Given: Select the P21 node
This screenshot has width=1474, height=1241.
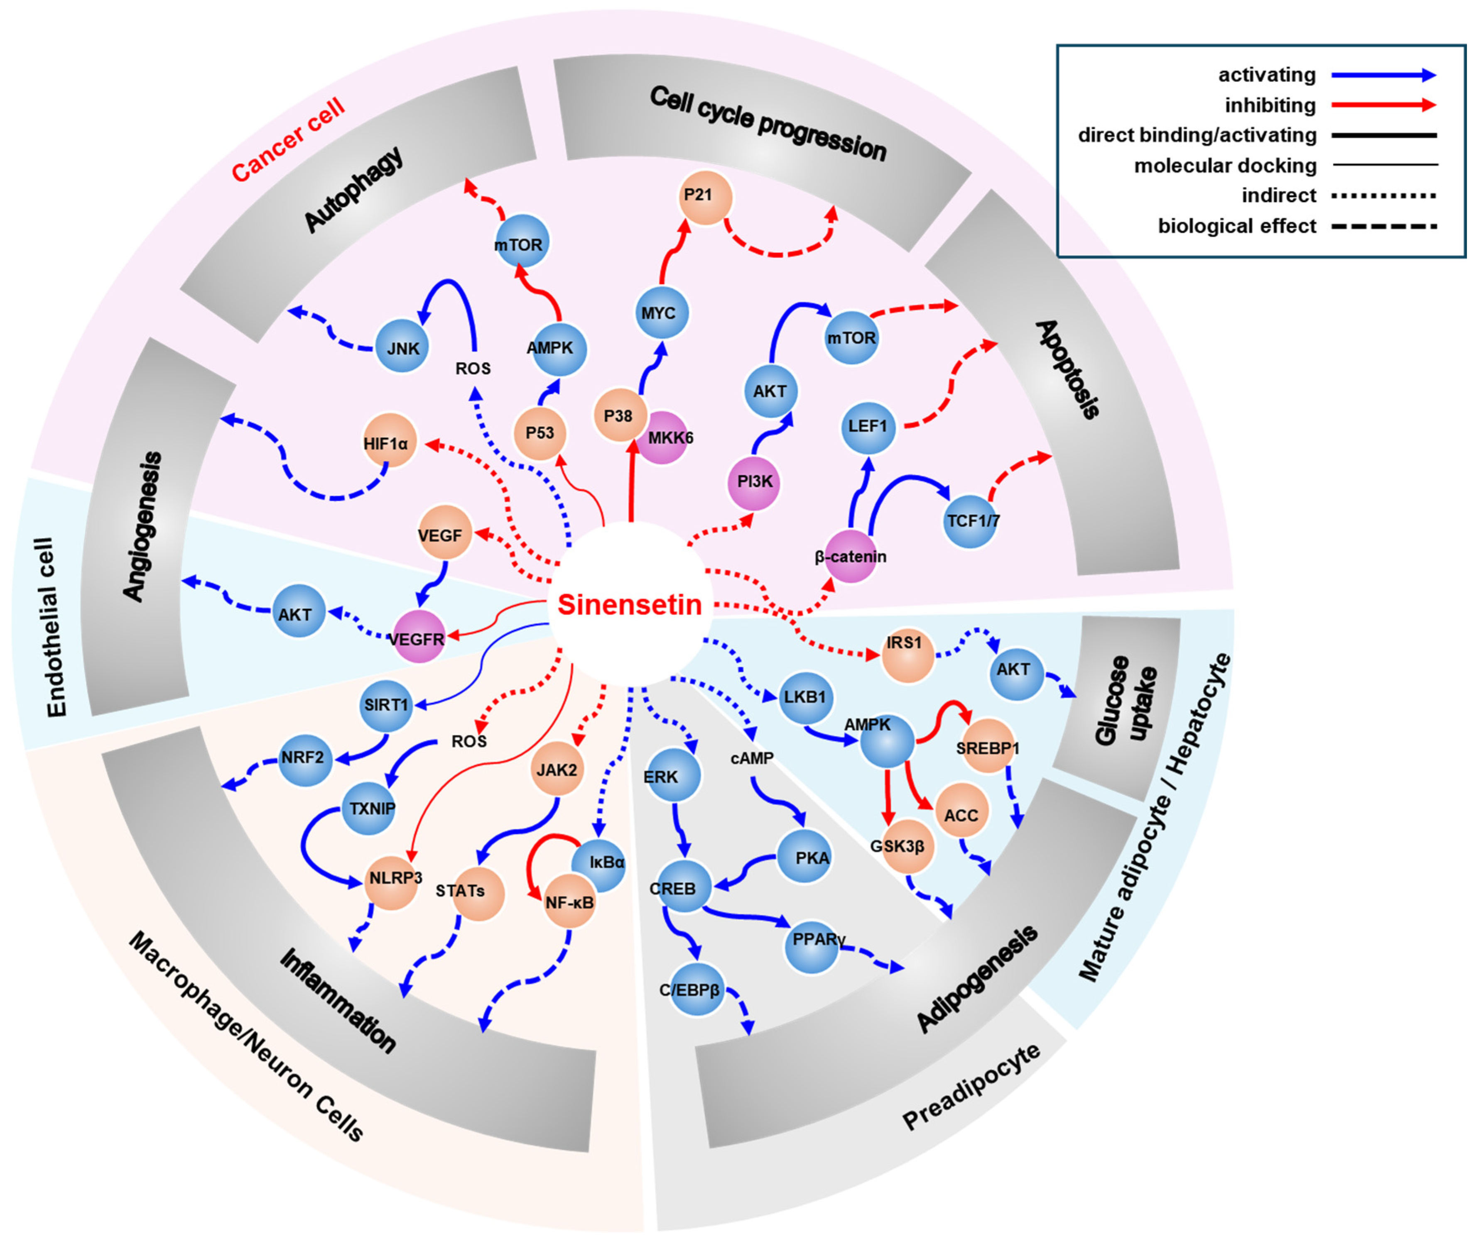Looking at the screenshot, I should click(x=705, y=198).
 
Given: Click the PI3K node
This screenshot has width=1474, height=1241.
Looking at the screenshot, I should click(x=754, y=483).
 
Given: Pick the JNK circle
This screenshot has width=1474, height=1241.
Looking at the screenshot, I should click(x=402, y=347).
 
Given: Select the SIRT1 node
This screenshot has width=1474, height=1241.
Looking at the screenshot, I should click(x=386, y=705).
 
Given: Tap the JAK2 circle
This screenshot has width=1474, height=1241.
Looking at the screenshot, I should click(x=557, y=770).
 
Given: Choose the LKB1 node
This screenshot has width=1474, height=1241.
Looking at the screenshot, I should click(x=804, y=698).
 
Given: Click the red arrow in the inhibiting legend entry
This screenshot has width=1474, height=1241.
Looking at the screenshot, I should click(x=1383, y=105).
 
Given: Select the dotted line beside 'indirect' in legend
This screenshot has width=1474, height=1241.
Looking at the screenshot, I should click(x=1383, y=195).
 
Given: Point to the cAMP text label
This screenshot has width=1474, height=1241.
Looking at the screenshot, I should click(x=752, y=758).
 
